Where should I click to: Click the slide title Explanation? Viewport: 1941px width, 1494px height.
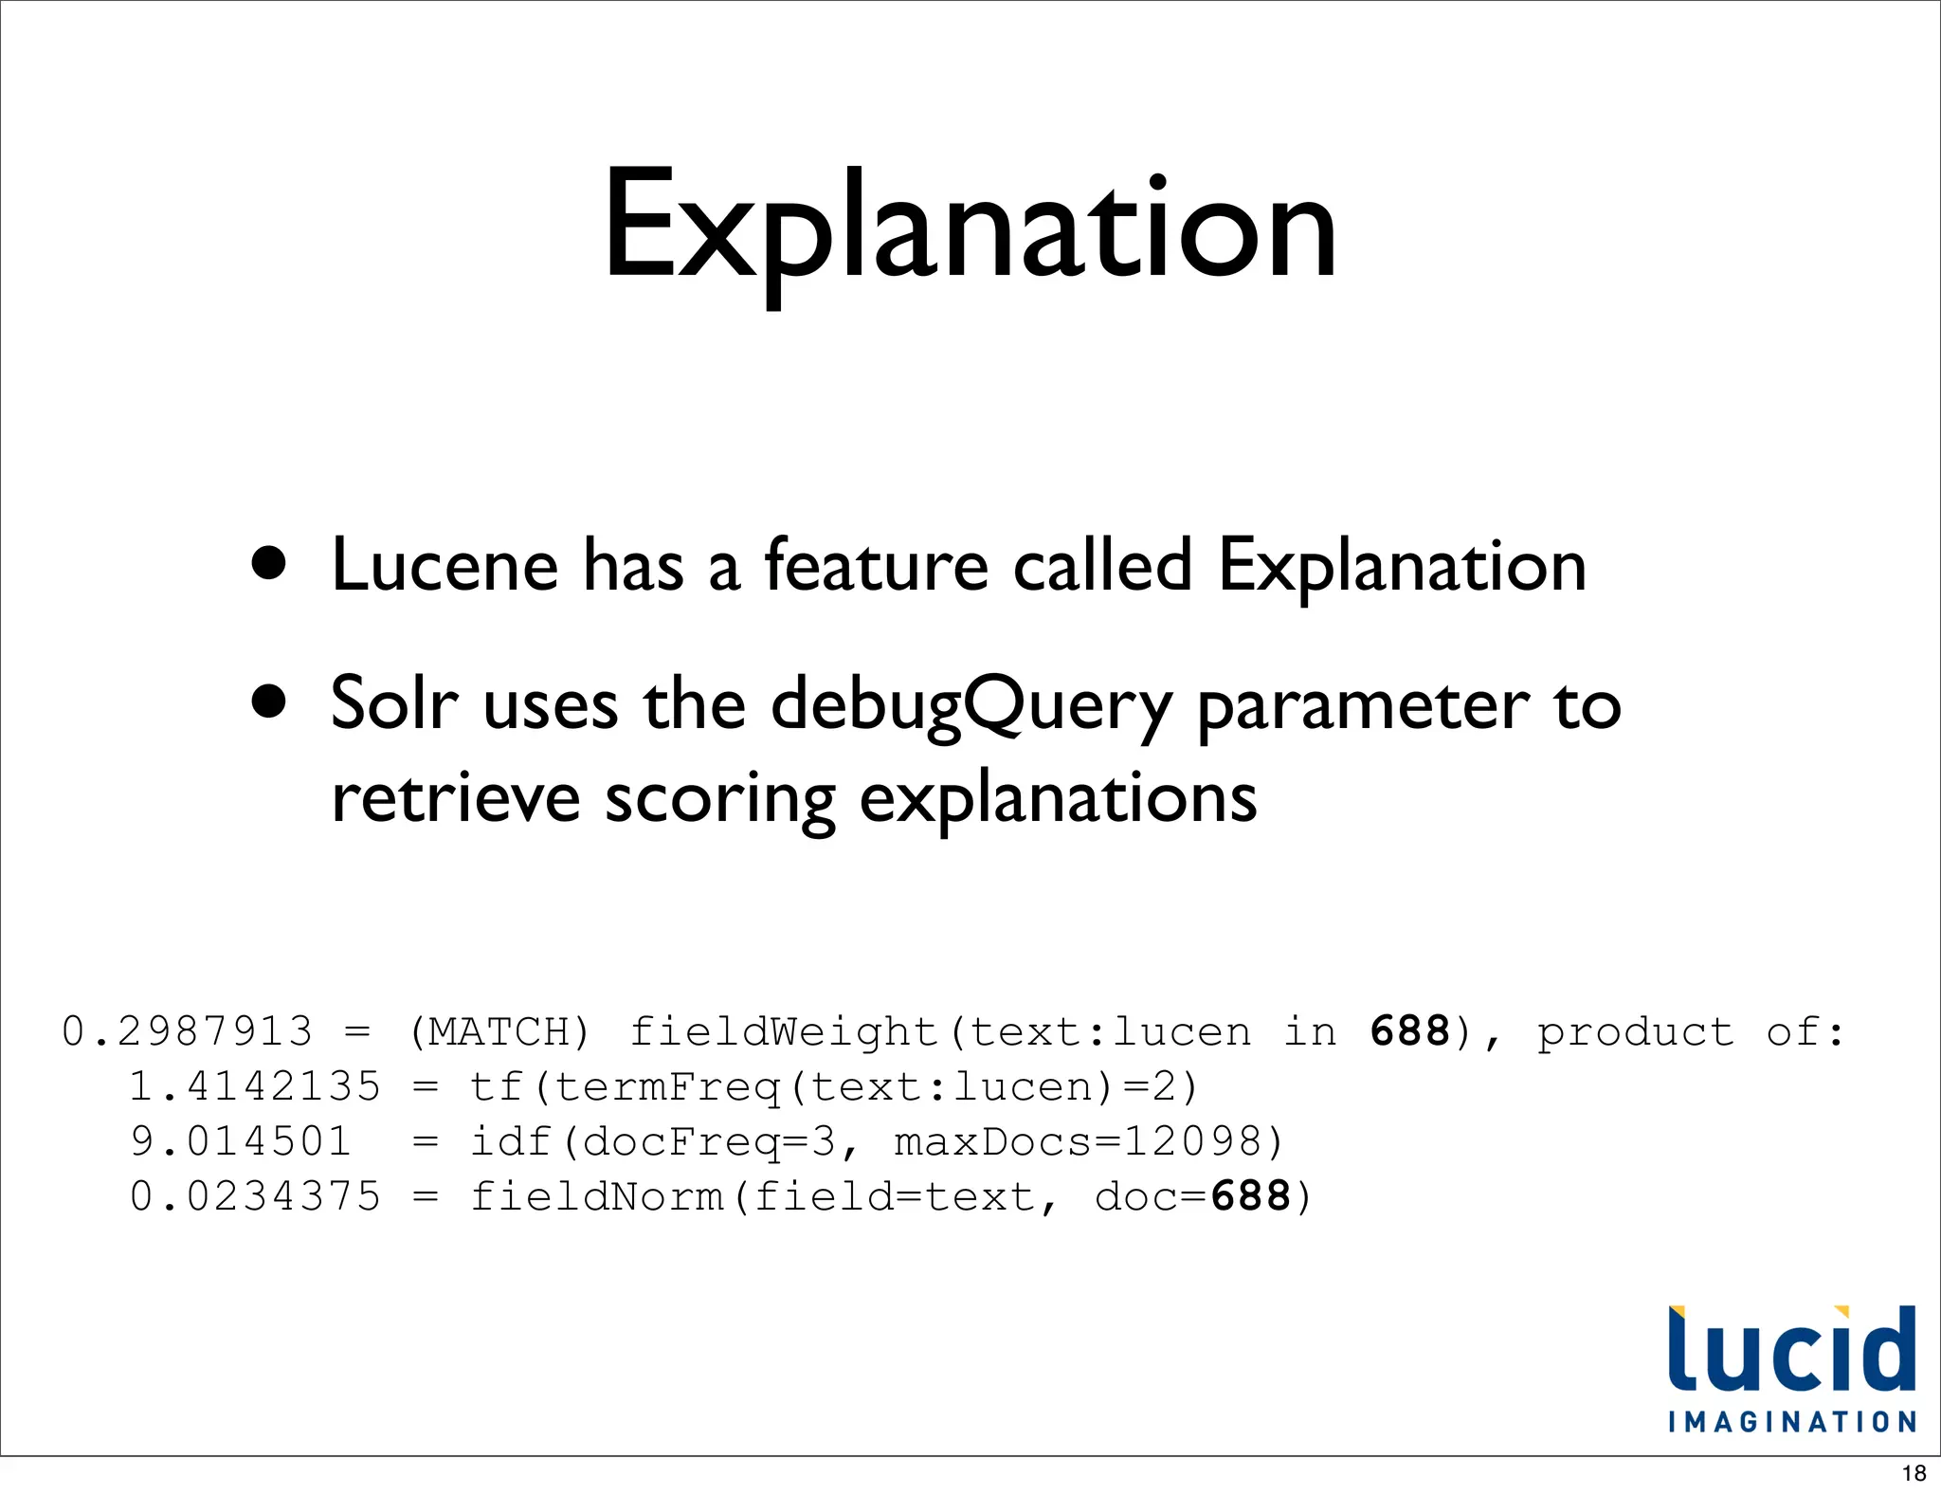[970, 228]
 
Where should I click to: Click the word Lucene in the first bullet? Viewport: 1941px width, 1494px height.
[444, 566]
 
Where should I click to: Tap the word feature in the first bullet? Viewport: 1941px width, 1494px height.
[876, 566]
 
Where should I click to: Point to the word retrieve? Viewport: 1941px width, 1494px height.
[455, 798]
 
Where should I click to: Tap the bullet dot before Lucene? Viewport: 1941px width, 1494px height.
[269, 562]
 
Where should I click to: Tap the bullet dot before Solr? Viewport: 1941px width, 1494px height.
[269, 702]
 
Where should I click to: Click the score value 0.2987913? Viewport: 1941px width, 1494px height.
[187, 1031]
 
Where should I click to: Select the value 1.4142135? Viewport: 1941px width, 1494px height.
[254, 1086]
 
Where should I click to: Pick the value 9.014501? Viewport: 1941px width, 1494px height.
[240, 1141]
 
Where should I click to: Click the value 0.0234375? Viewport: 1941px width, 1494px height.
[254, 1196]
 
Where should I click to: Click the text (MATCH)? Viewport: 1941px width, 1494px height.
[499, 1031]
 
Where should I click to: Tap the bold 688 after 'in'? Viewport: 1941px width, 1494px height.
[1409, 1031]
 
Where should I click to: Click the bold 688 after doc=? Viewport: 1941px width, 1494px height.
[1250, 1196]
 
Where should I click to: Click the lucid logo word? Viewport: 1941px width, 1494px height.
[1791, 1350]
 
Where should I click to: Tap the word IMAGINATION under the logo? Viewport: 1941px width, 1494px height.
[1791, 1422]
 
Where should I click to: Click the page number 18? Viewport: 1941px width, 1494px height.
[1914, 1473]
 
